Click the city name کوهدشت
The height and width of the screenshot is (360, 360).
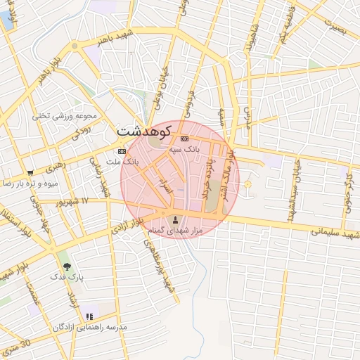(144, 131)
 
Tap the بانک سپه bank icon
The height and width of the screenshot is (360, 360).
(184, 139)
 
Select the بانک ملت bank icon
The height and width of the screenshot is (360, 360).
(122, 151)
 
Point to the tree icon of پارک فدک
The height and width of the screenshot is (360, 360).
(67, 267)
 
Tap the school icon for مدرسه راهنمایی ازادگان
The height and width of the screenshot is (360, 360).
(89, 317)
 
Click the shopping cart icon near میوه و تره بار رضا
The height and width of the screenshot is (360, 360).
(30, 173)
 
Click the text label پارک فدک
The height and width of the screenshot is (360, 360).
(67, 278)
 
